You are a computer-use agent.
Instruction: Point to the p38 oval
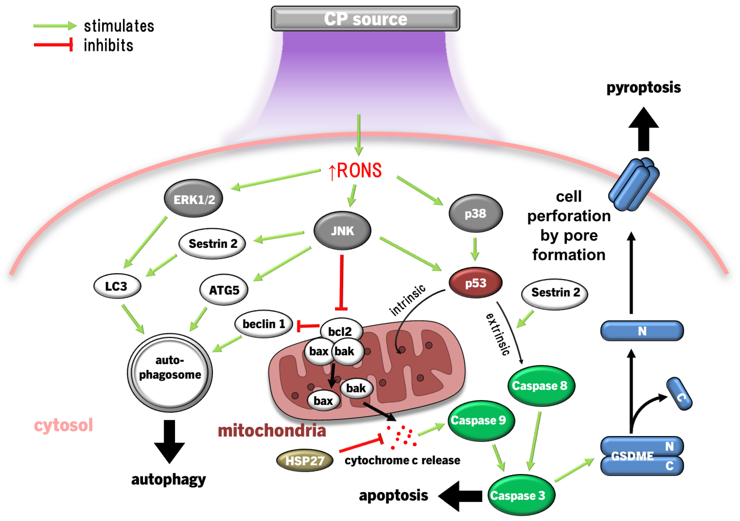click(475, 213)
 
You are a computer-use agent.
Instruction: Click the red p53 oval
click(475, 283)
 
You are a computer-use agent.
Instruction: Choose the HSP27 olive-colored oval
click(305, 460)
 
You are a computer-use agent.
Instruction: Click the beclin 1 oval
click(264, 324)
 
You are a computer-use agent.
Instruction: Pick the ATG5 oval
click(224, 290)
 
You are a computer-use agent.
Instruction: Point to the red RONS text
click(355, 170)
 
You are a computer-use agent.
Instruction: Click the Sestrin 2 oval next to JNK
click(212, 244)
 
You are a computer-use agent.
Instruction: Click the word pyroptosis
click(643, 87)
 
